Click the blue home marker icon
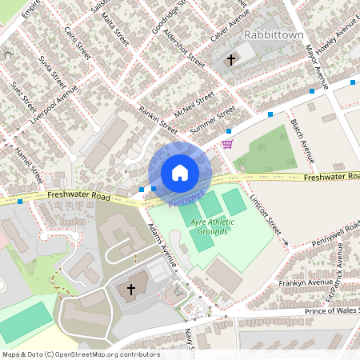pyautogui.click(x=179, y=173)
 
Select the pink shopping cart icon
pyautogui.click(x=228, y=144)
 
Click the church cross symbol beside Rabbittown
pyautogui.click(x=232, y=59)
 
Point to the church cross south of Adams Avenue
pyautogui.click(x=131, y=288)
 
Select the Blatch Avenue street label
pyautogui.click(x=301, y=135)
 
